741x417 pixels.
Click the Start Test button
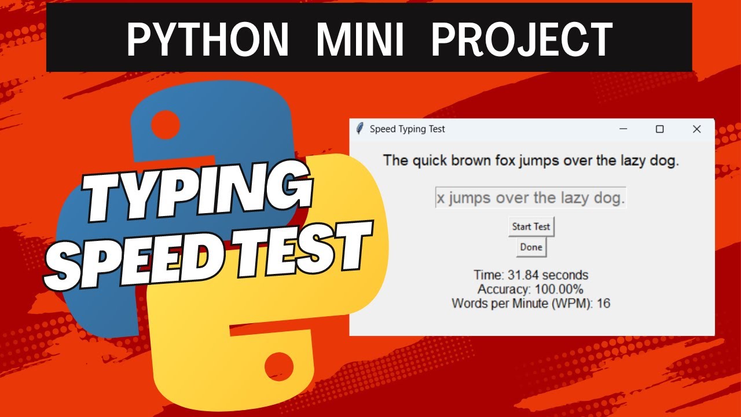coord(531,226)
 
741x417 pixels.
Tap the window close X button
coord(696,129)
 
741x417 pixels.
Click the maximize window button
coord(659,129)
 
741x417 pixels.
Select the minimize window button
coord(623,129)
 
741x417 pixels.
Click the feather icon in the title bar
coord(360,129)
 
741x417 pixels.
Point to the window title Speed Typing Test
coord(407,129)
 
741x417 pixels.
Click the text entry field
coord(530,198)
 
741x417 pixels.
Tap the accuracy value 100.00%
coord(559,289)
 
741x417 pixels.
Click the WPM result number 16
coord(603,303)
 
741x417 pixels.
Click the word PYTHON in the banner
coord(207,39)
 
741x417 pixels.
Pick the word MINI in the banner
coord(360,39)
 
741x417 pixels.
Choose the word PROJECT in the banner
coord(522,39)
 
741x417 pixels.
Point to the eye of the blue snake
coord(166,123)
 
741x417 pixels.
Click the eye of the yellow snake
coord(279,366)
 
